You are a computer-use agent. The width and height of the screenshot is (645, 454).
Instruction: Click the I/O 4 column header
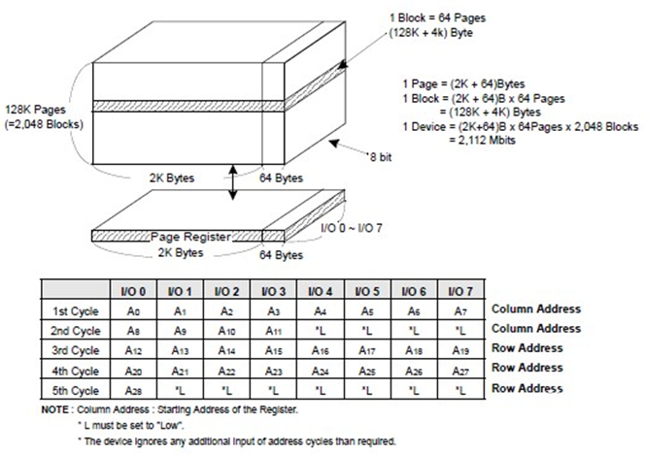(x=321, y=291)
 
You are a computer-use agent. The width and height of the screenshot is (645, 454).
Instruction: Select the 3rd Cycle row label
(x=76, y=350)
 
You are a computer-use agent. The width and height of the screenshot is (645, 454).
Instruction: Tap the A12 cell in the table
(x=133, y=350)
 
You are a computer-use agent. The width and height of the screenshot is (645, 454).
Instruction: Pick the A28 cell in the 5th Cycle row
(x=133, y=390)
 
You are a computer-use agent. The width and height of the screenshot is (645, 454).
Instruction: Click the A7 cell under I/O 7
(x=460, y=311)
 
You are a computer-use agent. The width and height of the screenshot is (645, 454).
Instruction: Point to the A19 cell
(x=460, y=350)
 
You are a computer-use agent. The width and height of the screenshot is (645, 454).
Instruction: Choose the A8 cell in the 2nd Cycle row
(x=133, y=331)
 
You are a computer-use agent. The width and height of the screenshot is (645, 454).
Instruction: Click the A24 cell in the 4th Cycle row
(x=321, y=371)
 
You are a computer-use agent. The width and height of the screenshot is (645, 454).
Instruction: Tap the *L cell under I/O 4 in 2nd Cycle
(x=321, y=331)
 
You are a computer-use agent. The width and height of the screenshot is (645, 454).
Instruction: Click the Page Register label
(x=190, y=237)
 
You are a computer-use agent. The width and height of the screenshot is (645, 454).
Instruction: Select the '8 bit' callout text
(x=379, y=157)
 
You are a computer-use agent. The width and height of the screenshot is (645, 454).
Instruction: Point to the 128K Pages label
(x=35, y=110)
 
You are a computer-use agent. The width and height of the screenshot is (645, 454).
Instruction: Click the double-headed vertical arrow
(x=233, y=182)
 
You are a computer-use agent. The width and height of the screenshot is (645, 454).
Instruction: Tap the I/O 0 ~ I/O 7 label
(x=352, y=227)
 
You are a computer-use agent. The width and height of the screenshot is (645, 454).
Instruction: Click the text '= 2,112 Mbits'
(x=482, y=140)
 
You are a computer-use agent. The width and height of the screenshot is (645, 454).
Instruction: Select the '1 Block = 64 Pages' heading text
(x=438, y=18)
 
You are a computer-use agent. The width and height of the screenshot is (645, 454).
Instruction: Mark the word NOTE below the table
(x=55, y=409)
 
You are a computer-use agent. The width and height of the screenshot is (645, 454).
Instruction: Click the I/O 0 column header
(x=133, y=291)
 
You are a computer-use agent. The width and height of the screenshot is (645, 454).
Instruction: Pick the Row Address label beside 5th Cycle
(x=527, y=388)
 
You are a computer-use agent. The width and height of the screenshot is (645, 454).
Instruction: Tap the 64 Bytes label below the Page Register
(x=281, y=255)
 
